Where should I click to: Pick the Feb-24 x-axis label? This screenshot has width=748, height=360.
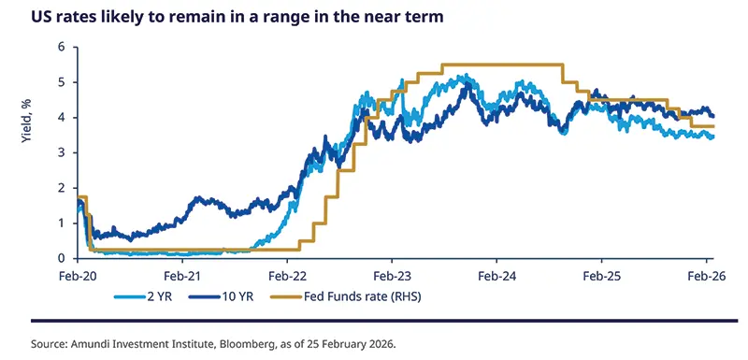coord(496,277)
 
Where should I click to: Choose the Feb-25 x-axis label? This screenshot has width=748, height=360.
coord(601,277)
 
